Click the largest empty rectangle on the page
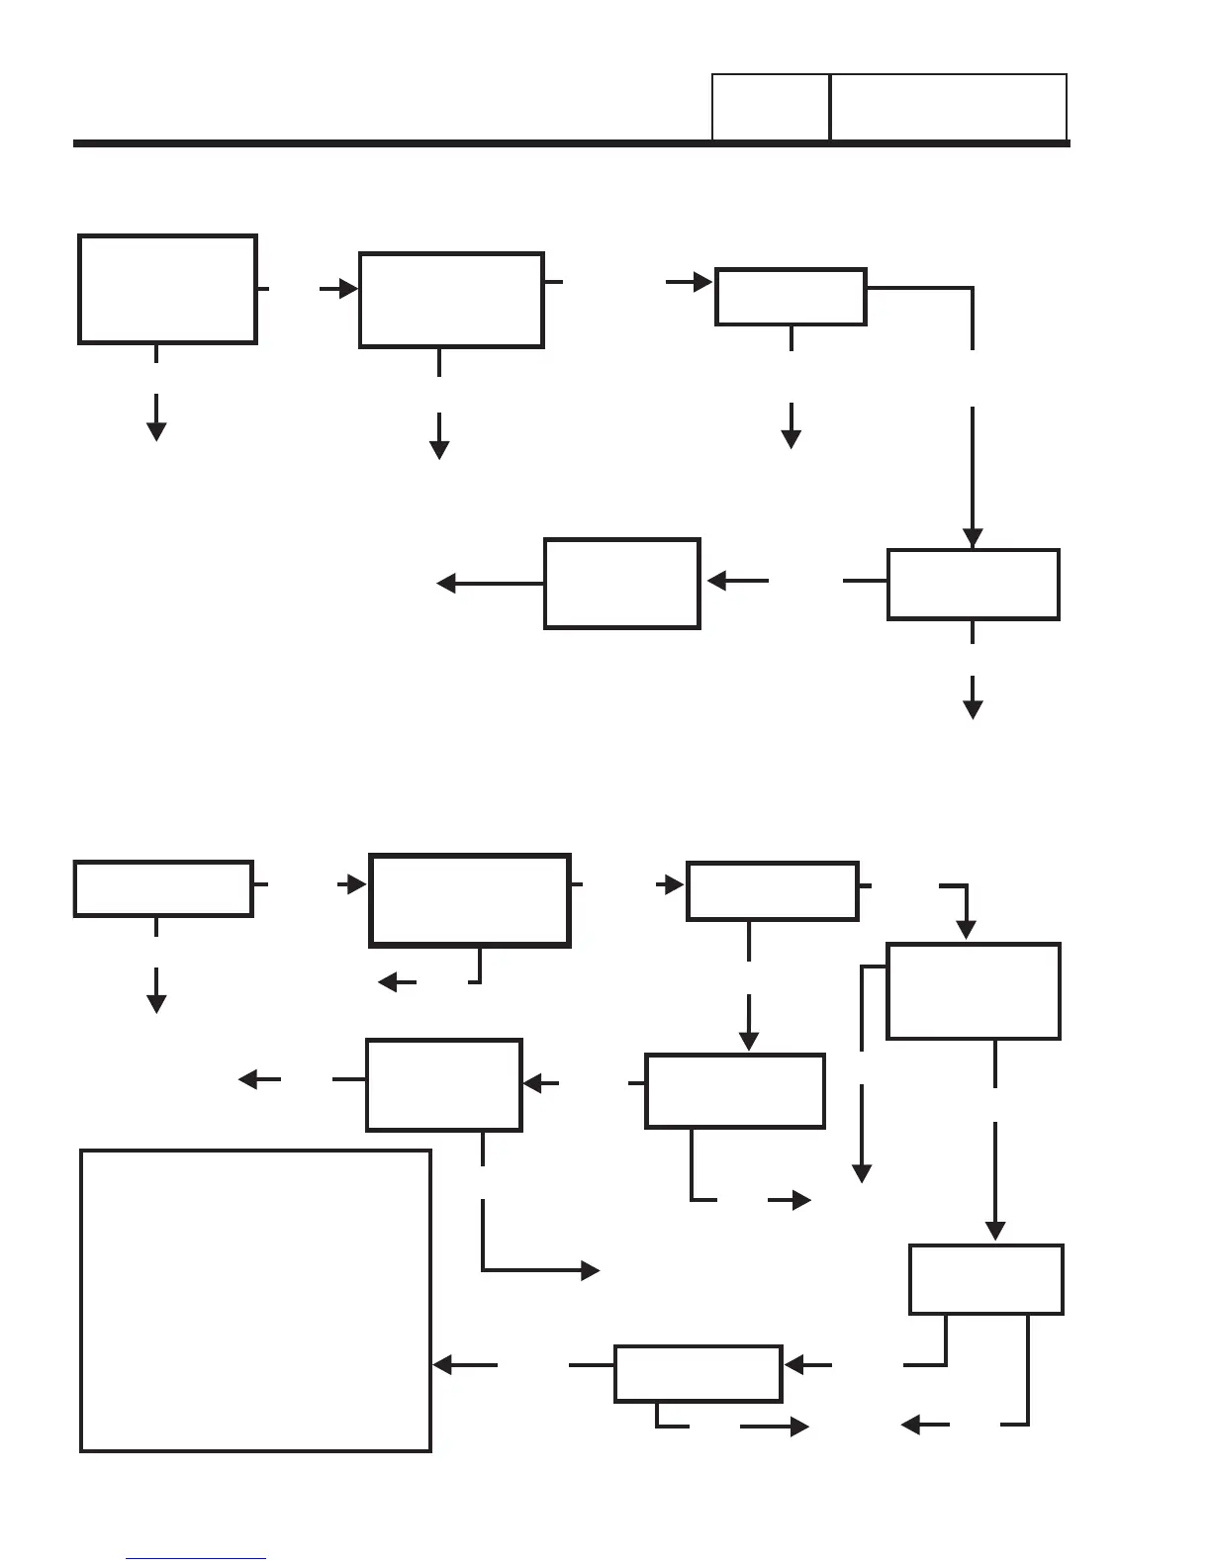pos(255,1300)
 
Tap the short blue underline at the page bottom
pos(196,1559)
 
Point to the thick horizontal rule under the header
pos(572,143)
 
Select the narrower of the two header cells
pos(770,107)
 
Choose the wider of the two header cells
pos(948,107)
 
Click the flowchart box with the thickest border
pos(469,900)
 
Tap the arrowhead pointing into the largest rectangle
pos(443,1365)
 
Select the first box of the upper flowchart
pos(167,289)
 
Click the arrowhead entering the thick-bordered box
pos(357,884)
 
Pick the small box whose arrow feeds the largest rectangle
pos(698,1373)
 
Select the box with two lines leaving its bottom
pos(985,1279)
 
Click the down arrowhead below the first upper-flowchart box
pos(156,431)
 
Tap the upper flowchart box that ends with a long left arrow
pos(621,583)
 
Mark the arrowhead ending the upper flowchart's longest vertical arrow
pos(973,538)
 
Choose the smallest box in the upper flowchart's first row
pos(791,296)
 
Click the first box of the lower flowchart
pos(163,888)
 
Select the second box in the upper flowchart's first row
pos(451,300)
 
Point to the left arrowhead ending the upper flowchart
pos(446,584)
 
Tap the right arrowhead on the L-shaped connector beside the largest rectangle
pos(591,1271)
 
